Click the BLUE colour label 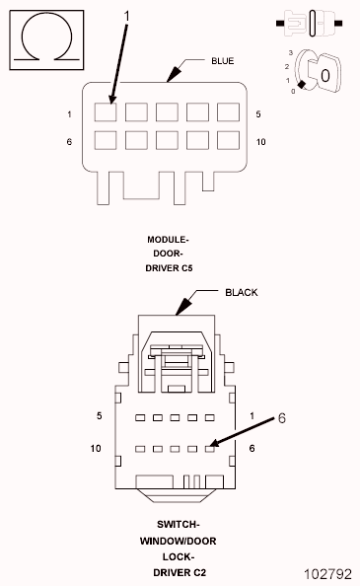pyautogui.click(x=223, y=61)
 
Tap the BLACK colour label pyautogui.click(x=242, y=292)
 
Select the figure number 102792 pyautogui.click(x=327, y=573)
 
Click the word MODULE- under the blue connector pyautogui.click(x=168, y=239)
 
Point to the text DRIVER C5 pyautogui.click(x=169, y=268)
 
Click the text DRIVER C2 pyautogui.click(x=180, y=572)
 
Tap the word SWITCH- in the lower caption pyautogui.click(x=179, y=524)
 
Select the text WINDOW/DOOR pyautogui.click(x=179, y=541)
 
